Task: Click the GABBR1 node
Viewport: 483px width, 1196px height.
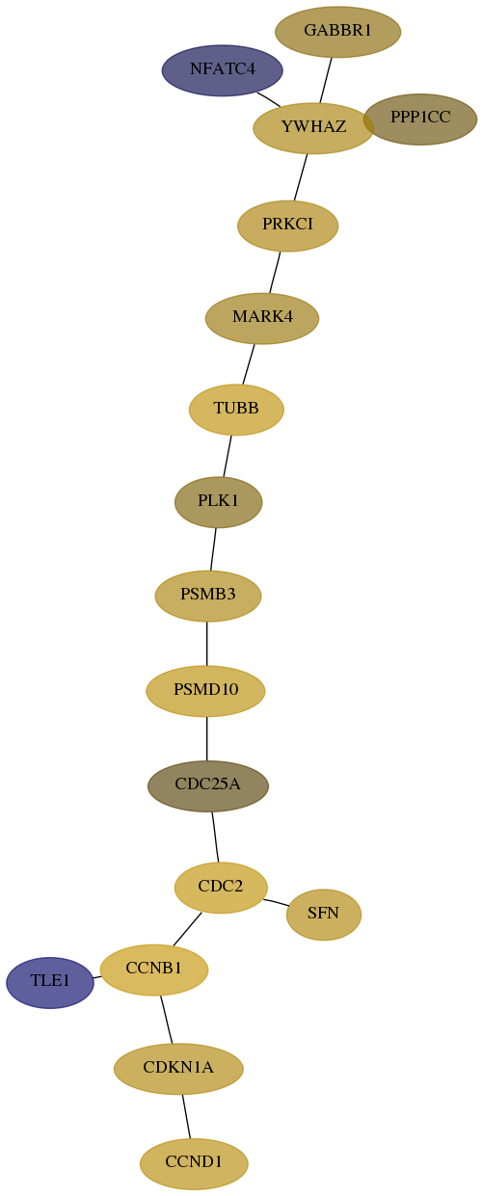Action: click(x=337, y=32)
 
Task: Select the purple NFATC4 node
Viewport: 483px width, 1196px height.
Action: click(x=223, y=70)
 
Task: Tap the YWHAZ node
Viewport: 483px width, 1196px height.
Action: click(x=313, y=127)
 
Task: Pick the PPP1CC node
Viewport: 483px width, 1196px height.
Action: click(x=420, y=120)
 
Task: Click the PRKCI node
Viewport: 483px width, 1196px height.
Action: click(x=288, y=226)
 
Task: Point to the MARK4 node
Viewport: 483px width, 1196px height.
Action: click(x=262, y=318)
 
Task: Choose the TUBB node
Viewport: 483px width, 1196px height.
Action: click(x=236, y=409)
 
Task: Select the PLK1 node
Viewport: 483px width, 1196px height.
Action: click(x=219, y=502)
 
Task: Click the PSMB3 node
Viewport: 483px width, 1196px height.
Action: click(x=208, y=596)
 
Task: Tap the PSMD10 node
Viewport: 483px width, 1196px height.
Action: click(x=205, y=691)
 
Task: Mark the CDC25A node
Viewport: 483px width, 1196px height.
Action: click(x=208, y=785)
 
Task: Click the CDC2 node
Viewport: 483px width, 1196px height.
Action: click(x=221, y=888)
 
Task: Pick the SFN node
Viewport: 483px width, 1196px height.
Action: click(x=324, y=915)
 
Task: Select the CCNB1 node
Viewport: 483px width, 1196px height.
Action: click(x=154, y=970)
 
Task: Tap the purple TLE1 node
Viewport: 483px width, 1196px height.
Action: click(x=50, y=982)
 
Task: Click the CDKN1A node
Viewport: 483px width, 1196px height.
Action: click(x=178, y=1069)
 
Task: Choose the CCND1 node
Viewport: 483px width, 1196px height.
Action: click(x=194, y=1163)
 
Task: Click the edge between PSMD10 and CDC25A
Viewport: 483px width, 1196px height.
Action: click(x=206, y=738)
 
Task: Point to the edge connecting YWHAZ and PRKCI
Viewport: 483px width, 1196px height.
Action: click(x=301, y=177)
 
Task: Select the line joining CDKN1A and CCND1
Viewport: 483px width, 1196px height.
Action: click(x=186, y=1116)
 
